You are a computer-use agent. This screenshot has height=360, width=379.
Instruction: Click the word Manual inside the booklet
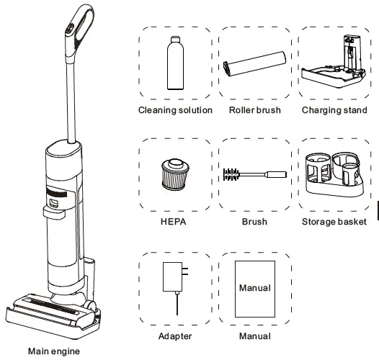(255, 288)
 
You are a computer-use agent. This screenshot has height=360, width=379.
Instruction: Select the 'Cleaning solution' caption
(175, 110)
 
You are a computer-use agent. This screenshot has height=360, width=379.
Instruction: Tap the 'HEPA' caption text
(175, 222)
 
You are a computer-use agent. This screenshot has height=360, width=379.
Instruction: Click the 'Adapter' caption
(175, 336)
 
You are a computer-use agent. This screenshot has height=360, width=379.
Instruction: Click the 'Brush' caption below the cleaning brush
(254, 222)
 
